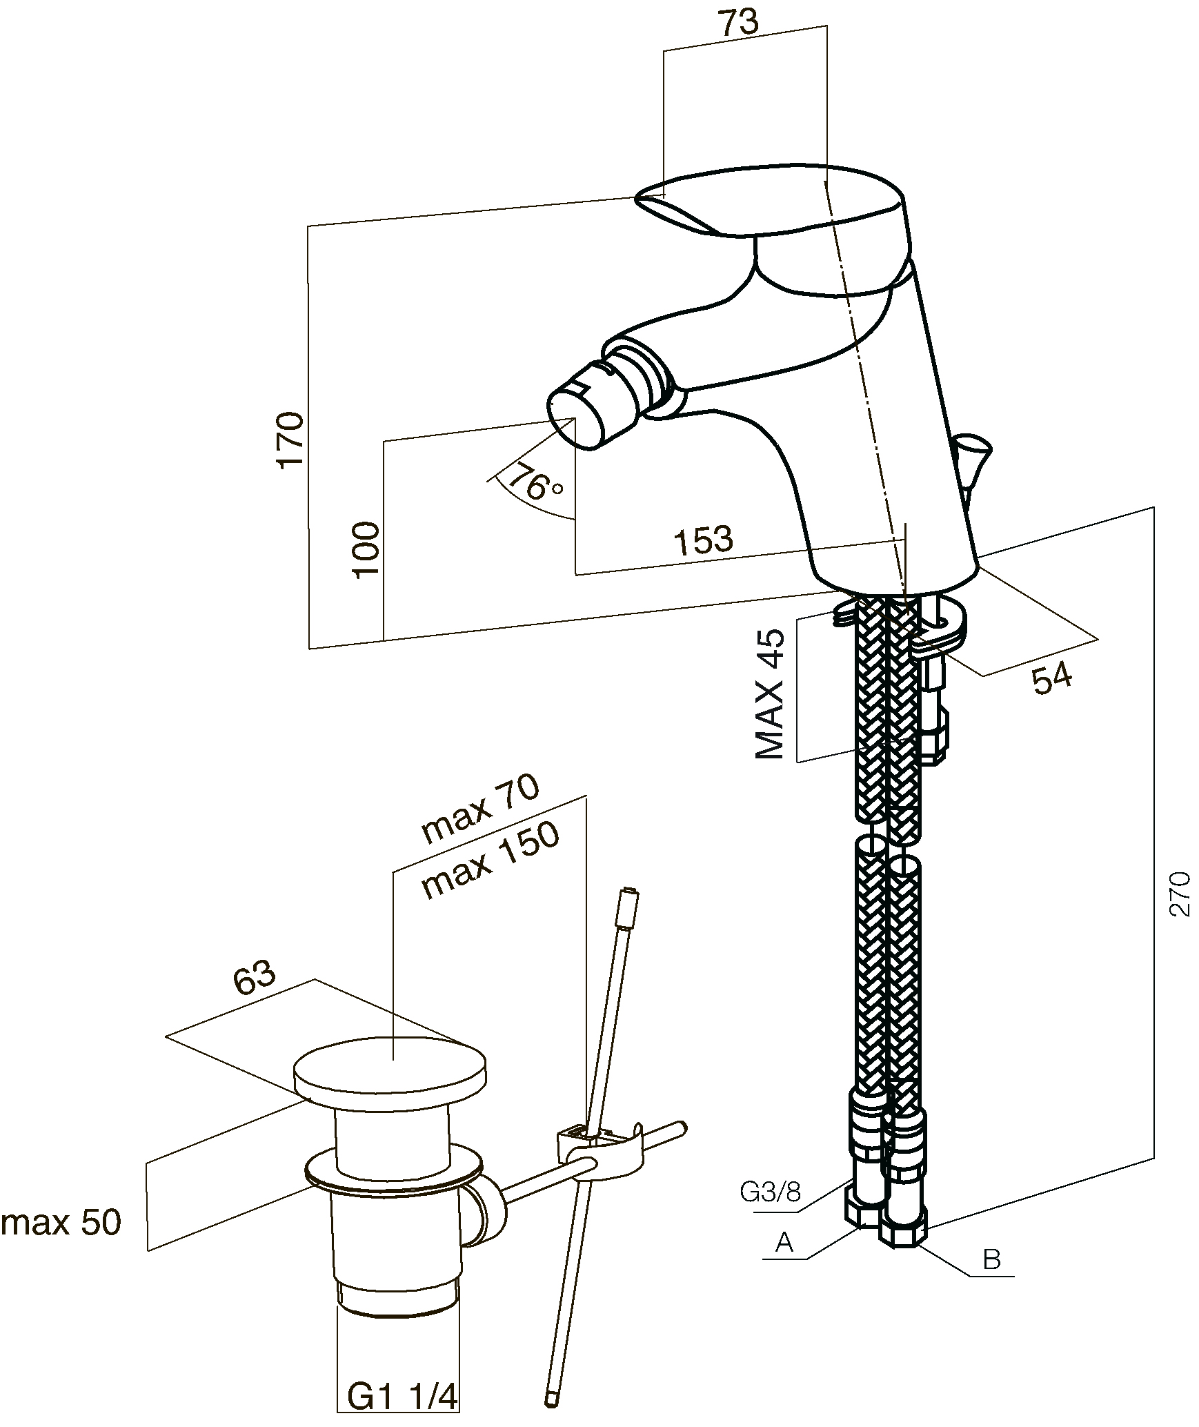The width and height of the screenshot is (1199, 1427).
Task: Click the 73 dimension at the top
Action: (x=739, y=23)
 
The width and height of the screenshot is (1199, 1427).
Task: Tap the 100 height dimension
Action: (x=366, y=549)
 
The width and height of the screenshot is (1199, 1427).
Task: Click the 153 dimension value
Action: (x=703, y=540)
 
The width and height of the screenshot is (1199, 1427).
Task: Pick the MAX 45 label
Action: (x=771, y=693)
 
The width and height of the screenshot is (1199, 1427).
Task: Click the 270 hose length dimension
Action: (x=1180, y=894)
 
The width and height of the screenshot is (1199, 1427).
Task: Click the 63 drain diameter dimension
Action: (x=255, y=978)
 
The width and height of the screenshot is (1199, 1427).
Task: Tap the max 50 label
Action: (x=61, y=1223)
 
